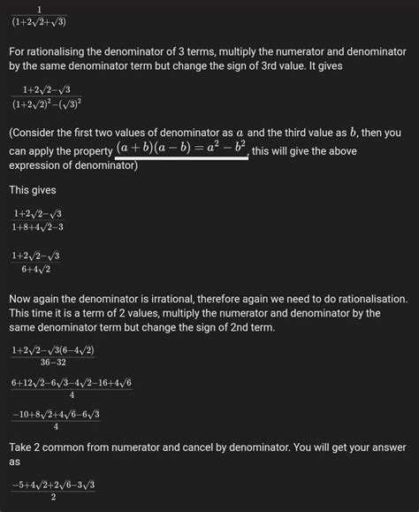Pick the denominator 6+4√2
pyautogui.click(x=38, y=268)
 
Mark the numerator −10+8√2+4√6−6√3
pyautogui.click(x=56, y=414)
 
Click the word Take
pyautogui.click(x=23, y=446)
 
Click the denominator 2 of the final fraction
pyautogui.click(x=54, y=496)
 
